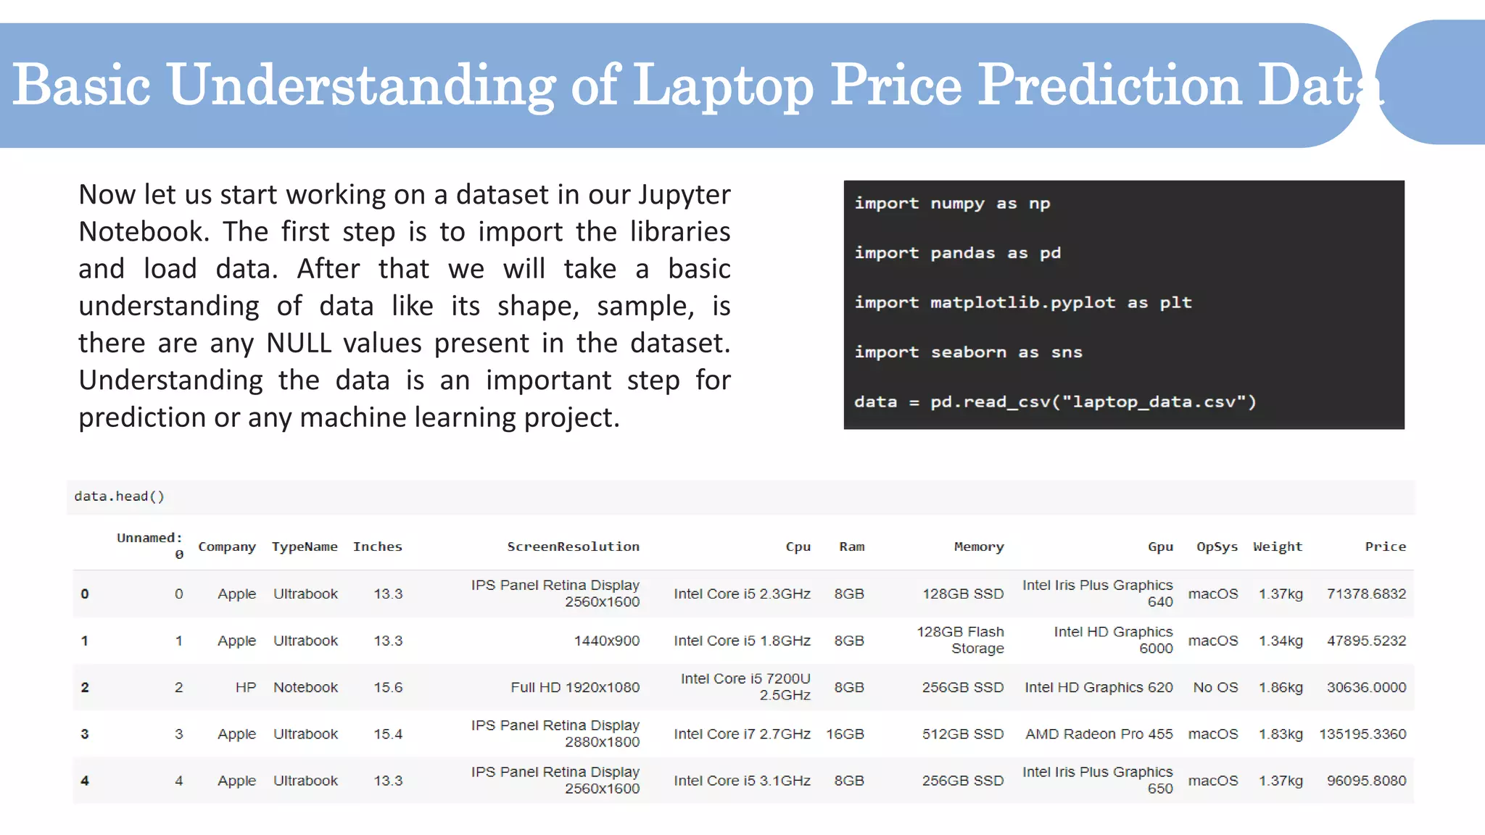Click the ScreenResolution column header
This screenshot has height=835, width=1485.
(x=573, y=547)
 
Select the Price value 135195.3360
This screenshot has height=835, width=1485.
(x=1362, y=734)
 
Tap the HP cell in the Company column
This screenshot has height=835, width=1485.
(x=246, y=687)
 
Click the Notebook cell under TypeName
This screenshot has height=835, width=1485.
(x=305, y=687)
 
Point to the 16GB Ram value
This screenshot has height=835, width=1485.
(x=845, y=734)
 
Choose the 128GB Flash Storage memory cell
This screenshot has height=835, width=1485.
(x=961, y=640)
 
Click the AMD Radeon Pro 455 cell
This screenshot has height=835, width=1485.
(x=1099, y=734)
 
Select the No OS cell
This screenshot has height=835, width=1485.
(x=1215, y=687)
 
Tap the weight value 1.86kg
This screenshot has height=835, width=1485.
(x=1281, y=687)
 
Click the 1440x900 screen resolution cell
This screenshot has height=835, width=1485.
(x=606, y=641)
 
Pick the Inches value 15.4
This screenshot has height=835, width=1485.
(x=388, y=734)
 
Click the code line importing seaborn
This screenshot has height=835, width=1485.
(x=968, y=352)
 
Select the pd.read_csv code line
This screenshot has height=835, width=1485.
(x=1055, y=402)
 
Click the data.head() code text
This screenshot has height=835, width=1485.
(x=120, y=497)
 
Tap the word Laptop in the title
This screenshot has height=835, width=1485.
(x=723, y=86)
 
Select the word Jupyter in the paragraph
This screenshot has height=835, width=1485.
(x=684, y=194)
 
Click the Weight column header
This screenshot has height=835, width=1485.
(x=1277, y=547)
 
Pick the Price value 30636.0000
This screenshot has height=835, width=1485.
(x=1366, y=687)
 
